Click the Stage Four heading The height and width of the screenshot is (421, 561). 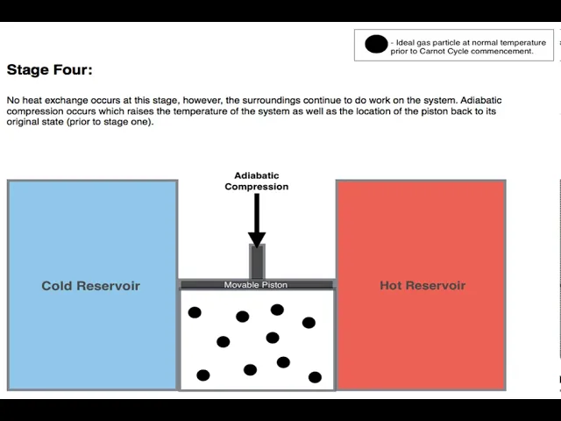[49, 70]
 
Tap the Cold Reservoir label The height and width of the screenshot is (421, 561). [90, 286]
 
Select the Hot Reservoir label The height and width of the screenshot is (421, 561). [423, 285]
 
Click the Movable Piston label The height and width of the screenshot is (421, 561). [256, 285]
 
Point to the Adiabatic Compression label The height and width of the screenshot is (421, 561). [257, 182]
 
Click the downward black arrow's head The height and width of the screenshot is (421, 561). [257, 239]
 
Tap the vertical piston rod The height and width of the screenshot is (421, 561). [257, 262]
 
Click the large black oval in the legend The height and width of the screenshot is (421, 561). [376, 45]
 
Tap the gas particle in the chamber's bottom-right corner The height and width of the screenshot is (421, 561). [315, 377]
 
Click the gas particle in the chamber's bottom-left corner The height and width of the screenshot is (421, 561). [202, 375]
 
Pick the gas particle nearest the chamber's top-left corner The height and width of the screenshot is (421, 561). [195, 312]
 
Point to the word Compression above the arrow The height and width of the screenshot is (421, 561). [257, 187]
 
